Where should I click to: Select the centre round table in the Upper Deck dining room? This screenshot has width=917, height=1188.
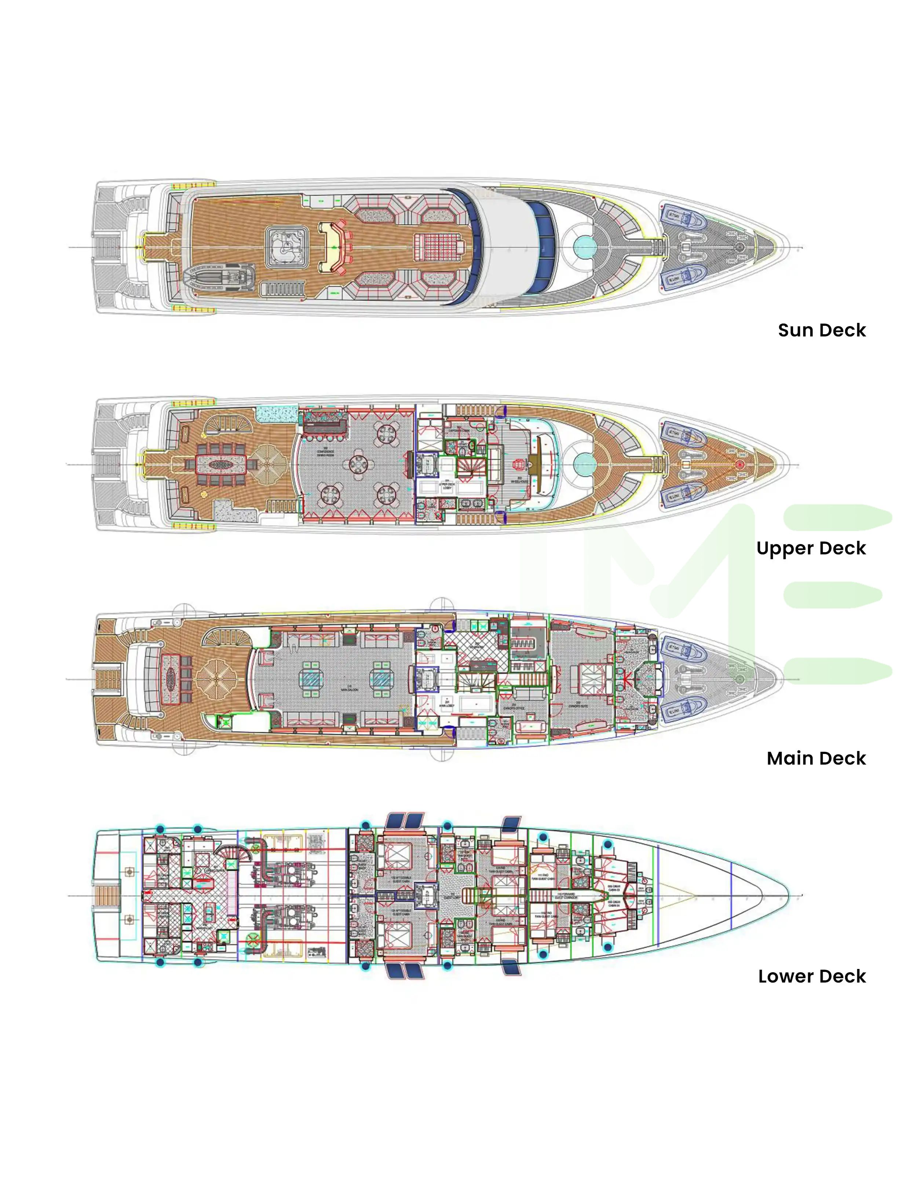358,465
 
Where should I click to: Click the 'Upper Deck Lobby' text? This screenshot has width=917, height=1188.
446,485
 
